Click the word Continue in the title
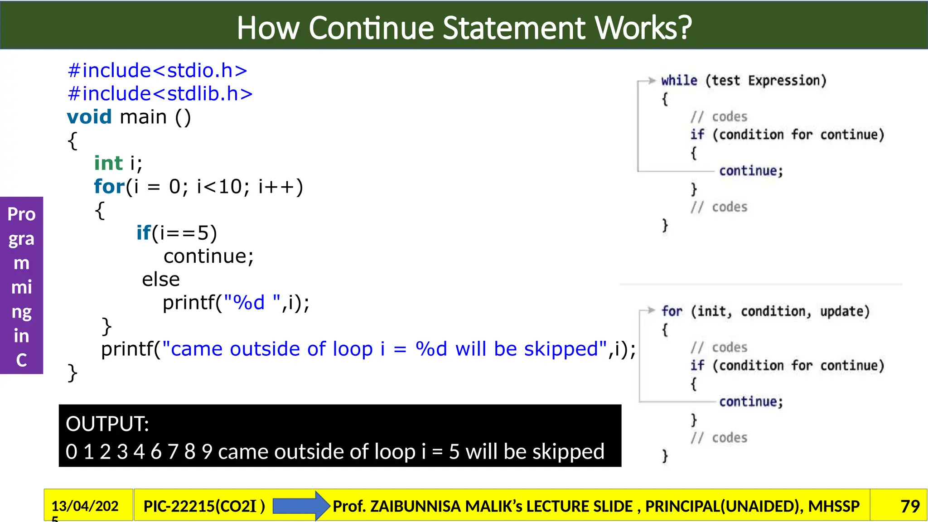click(372, 28)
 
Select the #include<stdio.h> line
click(157, 71)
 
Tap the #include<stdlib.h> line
click(160, 94)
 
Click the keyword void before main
click(89, 117)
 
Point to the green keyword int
click(108, 163)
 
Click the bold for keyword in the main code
click(109, 187)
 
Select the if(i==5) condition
click(177, 233)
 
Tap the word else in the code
click(161, 280)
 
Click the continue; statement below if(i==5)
click(208, 256)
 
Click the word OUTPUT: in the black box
click(107, 424)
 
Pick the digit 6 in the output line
click(156, 452)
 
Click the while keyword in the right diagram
click(679, 81)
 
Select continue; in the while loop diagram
click(751, 171)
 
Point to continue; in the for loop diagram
click(751, 402)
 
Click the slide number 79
click(910, 506)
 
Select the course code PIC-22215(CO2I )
click(204, 506)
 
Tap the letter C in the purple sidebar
click(21, 360)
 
